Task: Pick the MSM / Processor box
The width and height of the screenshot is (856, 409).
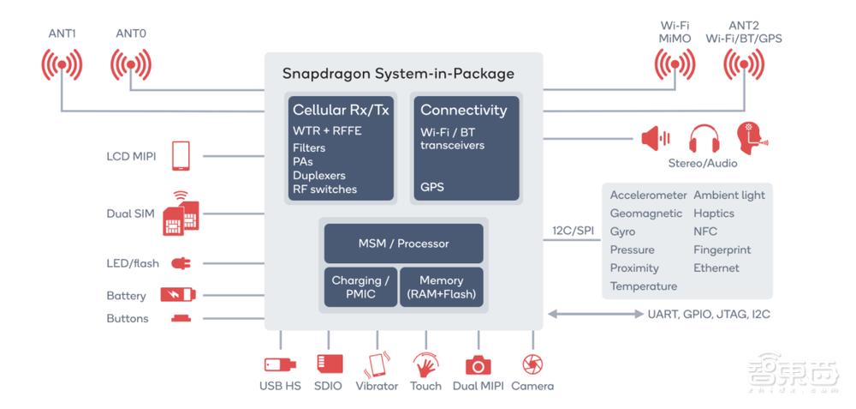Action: click(403, 244)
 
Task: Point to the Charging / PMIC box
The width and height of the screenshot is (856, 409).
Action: click(360, 287)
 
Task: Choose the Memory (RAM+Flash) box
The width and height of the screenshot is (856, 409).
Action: click(441, 287)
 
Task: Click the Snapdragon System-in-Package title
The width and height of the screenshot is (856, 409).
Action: click(398, 74)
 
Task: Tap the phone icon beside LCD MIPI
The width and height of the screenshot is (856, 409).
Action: click(181, 156)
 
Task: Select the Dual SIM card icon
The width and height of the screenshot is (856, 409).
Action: click(181, 213)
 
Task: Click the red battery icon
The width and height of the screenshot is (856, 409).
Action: click(177, 295)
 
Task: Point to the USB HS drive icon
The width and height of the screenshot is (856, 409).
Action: click(280, 364)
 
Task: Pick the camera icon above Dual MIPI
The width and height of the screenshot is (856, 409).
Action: click(478, 365)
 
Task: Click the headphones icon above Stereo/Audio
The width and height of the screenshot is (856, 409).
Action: click(704, 139)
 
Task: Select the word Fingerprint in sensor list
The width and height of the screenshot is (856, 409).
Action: click(722, 250)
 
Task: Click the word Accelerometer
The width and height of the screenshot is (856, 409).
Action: click(648, 195)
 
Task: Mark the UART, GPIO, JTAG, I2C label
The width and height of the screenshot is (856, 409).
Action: click(709, 314)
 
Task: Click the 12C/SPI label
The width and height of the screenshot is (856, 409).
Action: click(573, 232)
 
